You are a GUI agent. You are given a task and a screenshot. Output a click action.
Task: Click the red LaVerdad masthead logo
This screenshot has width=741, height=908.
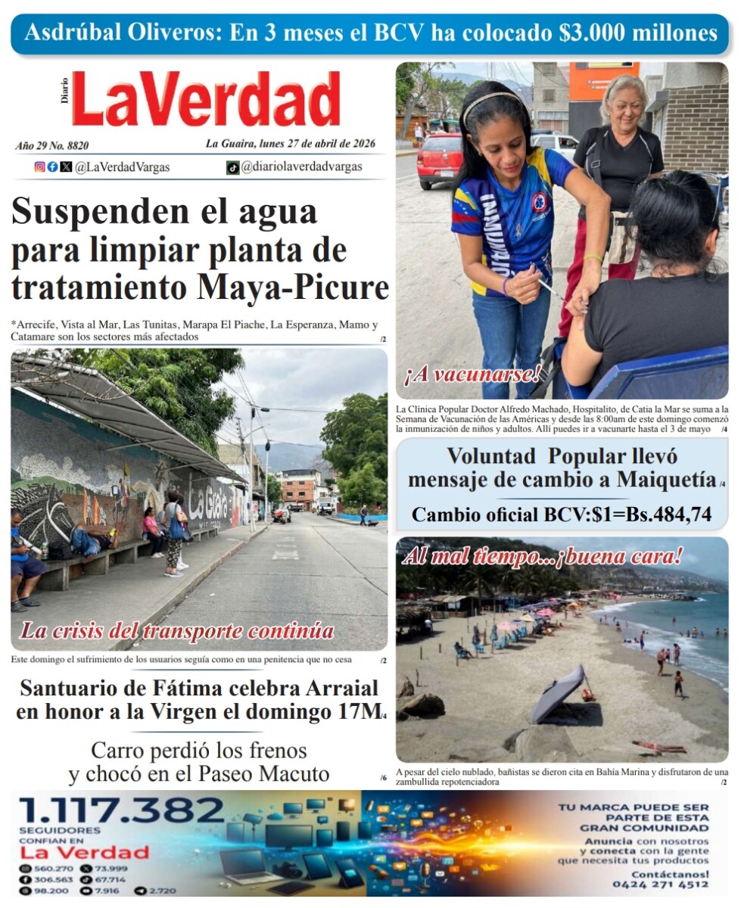click(206, 100)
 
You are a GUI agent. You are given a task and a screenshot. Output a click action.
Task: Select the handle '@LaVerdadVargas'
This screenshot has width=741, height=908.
click(122, 167)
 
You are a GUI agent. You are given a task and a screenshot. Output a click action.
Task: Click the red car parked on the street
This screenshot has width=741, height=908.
click(438, 160)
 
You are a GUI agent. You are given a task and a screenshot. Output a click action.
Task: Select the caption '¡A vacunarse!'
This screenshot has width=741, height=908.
click(472, 372)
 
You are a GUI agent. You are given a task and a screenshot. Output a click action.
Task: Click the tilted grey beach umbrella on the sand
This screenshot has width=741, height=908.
click(558, 694)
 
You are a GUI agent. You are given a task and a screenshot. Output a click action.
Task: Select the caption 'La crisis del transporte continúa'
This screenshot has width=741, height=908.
click(177, 630)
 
